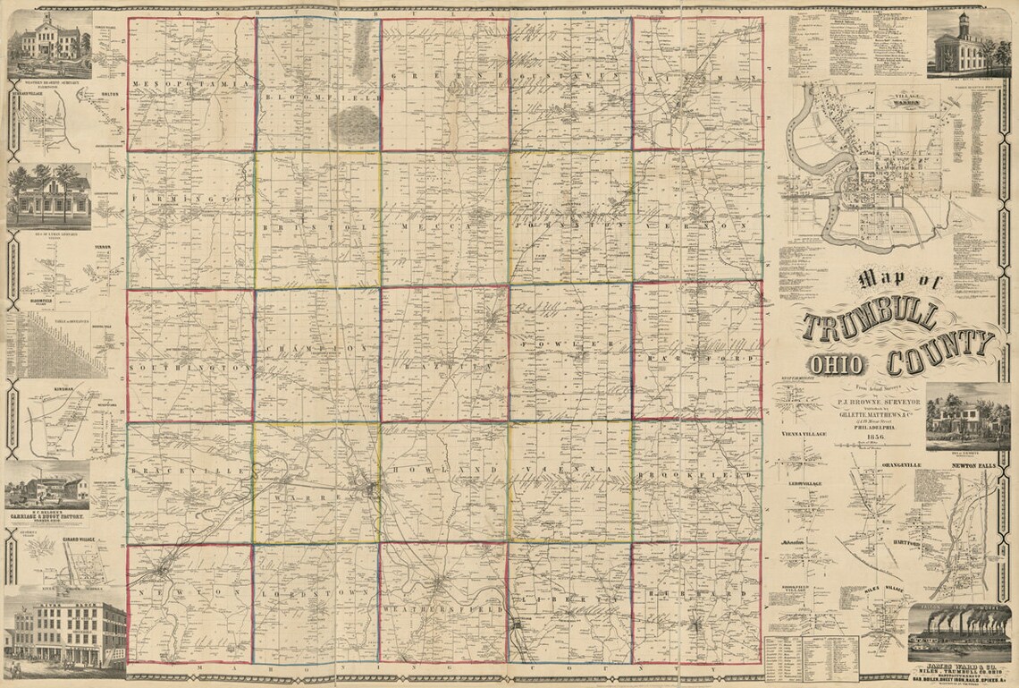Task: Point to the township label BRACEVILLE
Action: point(174,470)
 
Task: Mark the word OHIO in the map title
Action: point(838,364)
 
